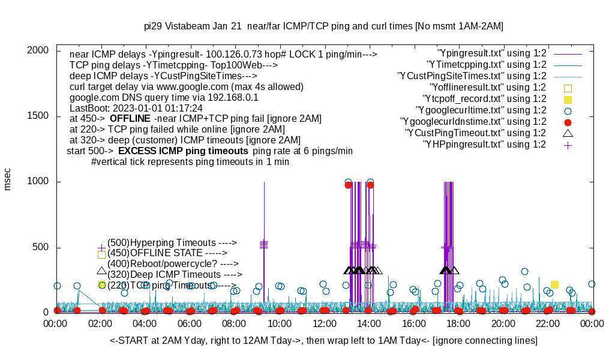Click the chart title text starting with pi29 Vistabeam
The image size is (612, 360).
point(323,26)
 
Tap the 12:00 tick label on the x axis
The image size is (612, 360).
point(325,324)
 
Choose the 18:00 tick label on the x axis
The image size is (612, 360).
point(458,324)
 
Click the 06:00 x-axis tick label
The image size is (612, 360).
point(190,324)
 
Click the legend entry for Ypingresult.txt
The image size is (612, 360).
point(492,53)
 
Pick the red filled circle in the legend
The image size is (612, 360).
point(568,122)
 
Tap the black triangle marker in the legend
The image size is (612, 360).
point(568,133)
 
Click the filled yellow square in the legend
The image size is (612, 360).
point(568,99)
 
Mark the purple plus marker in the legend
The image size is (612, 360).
point(568,145)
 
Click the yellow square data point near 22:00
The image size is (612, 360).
point(555,284)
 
